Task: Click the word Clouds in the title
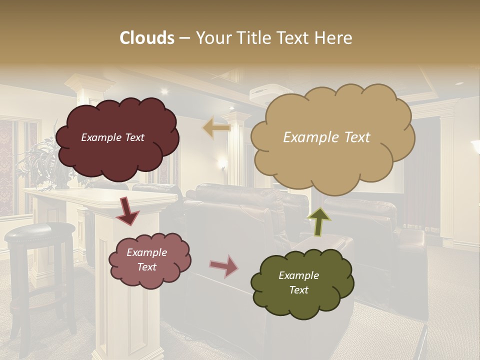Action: (x=147, y=37)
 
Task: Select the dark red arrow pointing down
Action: (x=127, y=211)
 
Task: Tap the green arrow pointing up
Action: (x=319, y=221)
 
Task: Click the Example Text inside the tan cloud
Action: (x=326, y=137)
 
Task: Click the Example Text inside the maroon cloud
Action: (x=112, y=137)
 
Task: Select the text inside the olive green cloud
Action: (x=298, y=282)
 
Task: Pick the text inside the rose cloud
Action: (x=146, y=259)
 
